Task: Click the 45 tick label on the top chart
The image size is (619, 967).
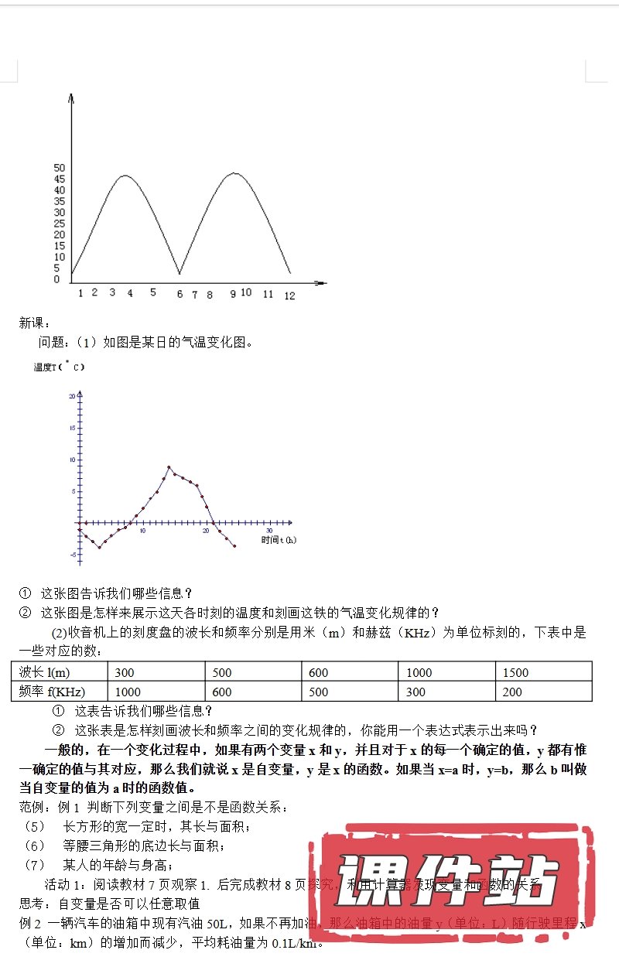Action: click(60, 179)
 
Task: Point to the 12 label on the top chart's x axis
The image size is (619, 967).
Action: click(289, 296)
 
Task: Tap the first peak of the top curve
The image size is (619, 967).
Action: click(126, 176)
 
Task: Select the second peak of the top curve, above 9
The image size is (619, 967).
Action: click(234, 173)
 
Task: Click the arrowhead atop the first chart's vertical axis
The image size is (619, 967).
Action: click(71, 98)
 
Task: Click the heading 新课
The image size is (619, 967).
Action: click(34, 323)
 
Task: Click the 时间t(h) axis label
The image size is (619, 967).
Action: click(279, 539)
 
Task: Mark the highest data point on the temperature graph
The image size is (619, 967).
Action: click(169, 467)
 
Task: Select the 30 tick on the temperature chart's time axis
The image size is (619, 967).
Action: click(269, 531)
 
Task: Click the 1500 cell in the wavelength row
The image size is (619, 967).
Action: click(516, 672)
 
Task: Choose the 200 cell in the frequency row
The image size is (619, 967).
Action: click(512, 692)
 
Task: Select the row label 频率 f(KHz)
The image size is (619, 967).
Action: click(52, 692)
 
